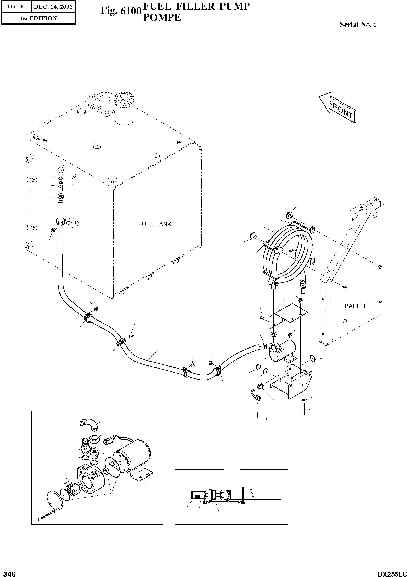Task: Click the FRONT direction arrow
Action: click(x=337, y=107)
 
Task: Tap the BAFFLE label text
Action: click(x=356, y=306)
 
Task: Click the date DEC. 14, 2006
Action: click(x=53, y=7)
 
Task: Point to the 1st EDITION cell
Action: click(x=38, y=18)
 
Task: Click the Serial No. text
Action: click(x=358, y=25)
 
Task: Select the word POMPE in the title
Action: click(x=162, y=17)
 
